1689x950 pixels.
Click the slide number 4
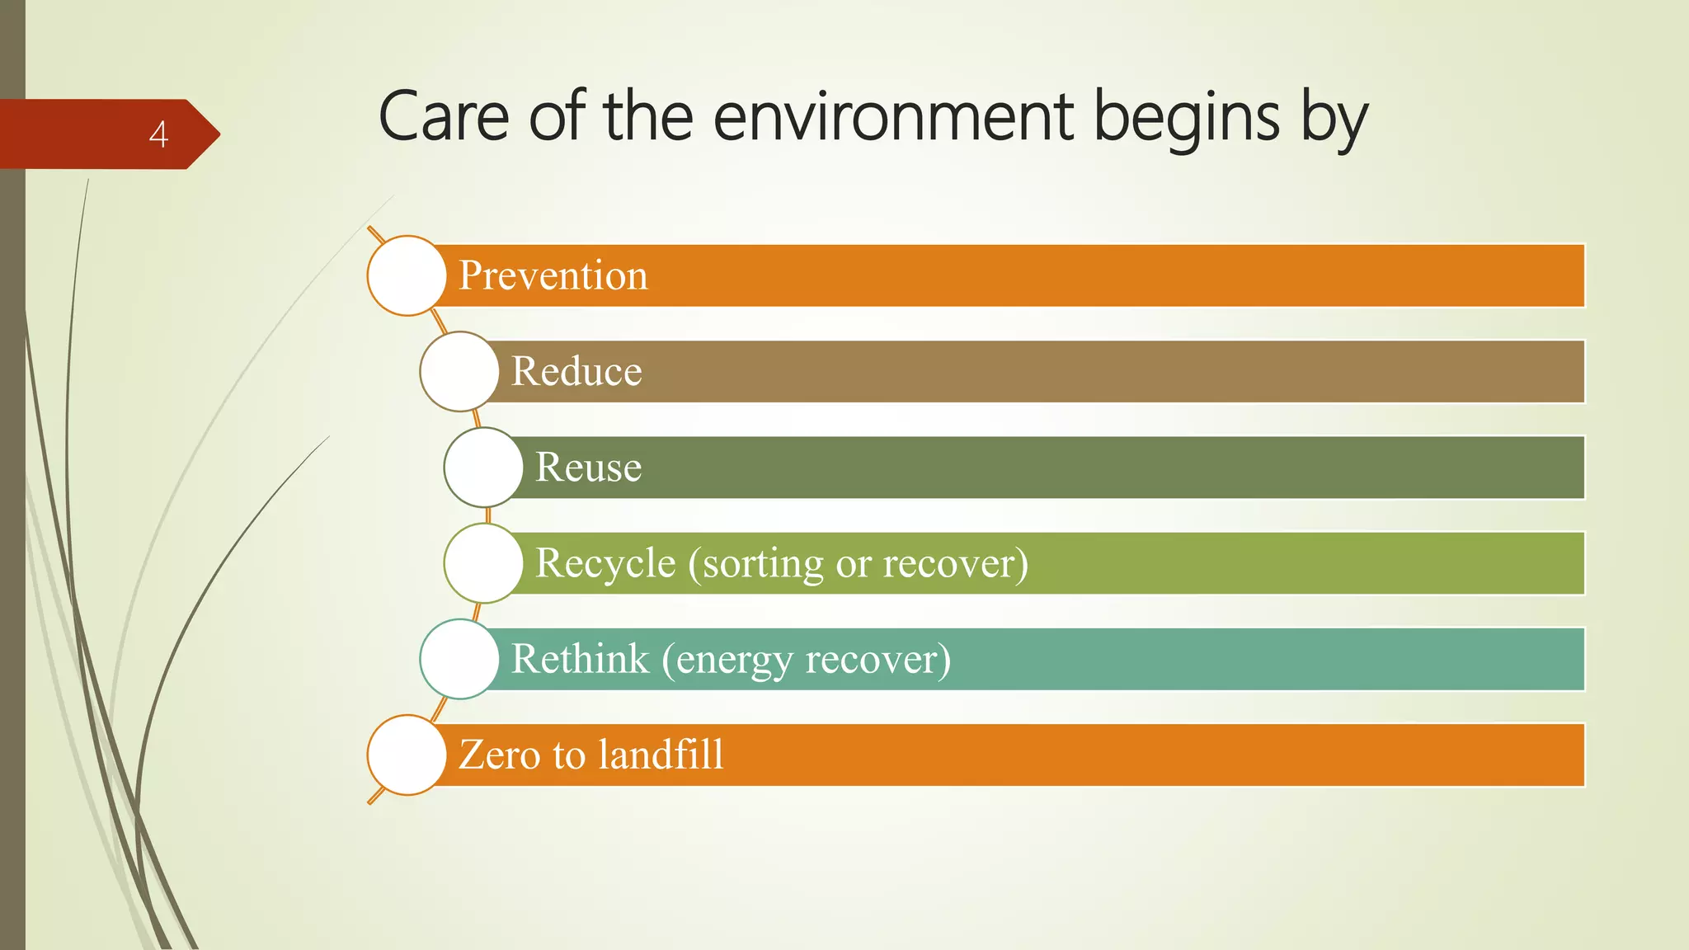tap(158, 134)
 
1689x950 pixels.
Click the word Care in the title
tap(443, 117)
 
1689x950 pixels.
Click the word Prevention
tap(553, 275)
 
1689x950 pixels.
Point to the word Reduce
tap(576, 371)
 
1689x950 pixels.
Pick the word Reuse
tap(588, 467)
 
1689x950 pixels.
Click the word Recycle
tap(605, 563)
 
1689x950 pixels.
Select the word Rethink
tap(580, 659)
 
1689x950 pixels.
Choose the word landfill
tap(661, 755)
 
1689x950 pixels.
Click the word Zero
tap(499, 755)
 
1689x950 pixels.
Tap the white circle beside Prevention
tap(407, 275)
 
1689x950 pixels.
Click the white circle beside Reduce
tap(459, 371)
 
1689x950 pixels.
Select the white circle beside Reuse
tap(483, 467)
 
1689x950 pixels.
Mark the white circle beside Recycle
tap(483, 563)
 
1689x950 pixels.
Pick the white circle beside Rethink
tap(459, 659)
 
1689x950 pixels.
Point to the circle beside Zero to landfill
tap(407, 755)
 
